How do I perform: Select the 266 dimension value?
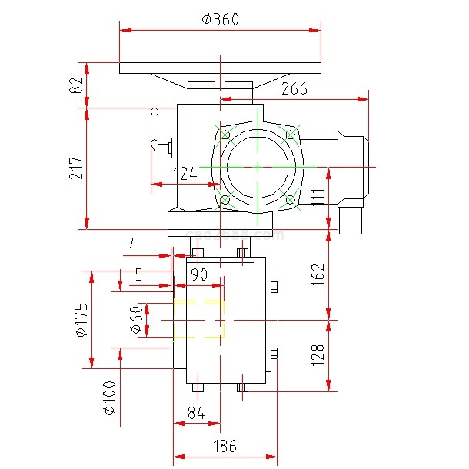pyautogui.click(x=294, y=89)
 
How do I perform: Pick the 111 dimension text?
pyautogui.click(x=316, y=197)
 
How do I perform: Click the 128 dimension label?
pyautogui.click(x=318, y=354)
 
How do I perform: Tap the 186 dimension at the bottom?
pyautogui.click(x=224, y=446)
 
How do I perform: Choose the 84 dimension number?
pyautogui.click(x=196, y=414)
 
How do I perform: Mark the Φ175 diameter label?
pyautogui.click(x=80, y=320)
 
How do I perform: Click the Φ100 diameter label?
pyautogui.click(x=108, y=397)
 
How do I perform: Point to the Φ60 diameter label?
pyautogui.click(x=136, y=320)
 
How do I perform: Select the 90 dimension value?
pyautogui.click(x=199, y=274)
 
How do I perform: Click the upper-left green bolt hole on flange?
pyautogui.click(x=225, y=135)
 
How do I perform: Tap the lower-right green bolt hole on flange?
pyautogui.click(x=290, y=201)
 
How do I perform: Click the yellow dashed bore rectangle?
pyautogui.click(x=199, y=319)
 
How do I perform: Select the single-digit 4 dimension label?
pyautogui.click(x=133, y=247)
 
